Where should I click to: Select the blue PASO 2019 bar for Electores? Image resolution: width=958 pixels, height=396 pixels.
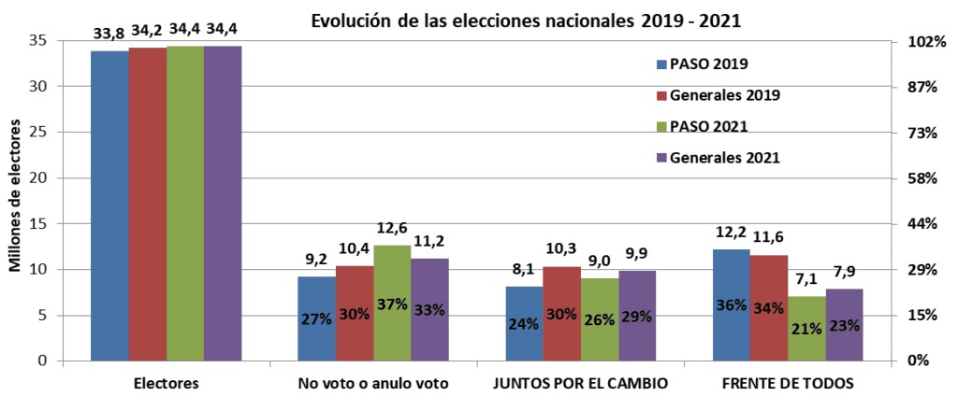tap(109, 205)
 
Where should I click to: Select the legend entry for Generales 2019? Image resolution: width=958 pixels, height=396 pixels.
tap(724, 95)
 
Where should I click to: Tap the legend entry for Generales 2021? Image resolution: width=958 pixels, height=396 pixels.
tap(724, 157)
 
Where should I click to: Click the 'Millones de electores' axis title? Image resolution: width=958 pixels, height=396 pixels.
tap(16, 200)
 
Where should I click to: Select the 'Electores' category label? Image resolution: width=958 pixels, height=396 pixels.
tap(166, 383)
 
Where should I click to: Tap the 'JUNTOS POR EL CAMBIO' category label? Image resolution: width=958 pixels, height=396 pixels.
tap(581, 383)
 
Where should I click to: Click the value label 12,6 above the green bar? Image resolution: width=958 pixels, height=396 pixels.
tap(392, 230)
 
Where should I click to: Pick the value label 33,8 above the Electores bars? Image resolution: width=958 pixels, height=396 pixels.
tap(110, 33)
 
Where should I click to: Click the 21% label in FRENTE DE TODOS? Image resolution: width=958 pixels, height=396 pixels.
tap(806, 328)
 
